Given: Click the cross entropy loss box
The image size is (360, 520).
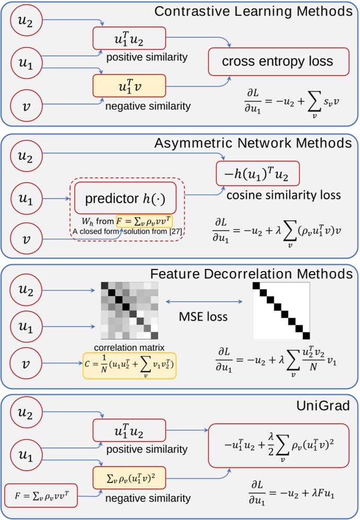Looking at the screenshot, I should pos(277,62).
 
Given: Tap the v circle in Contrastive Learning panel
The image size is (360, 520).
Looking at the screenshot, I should pos(25,107).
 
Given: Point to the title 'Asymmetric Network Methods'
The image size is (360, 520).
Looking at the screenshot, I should pos(253,143).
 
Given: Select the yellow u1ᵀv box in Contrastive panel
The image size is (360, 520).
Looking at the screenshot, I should pos(129,86).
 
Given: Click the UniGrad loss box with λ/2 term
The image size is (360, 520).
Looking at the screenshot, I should pos(277,445).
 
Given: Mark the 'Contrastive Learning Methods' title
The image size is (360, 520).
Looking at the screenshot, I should pos(253,11).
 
